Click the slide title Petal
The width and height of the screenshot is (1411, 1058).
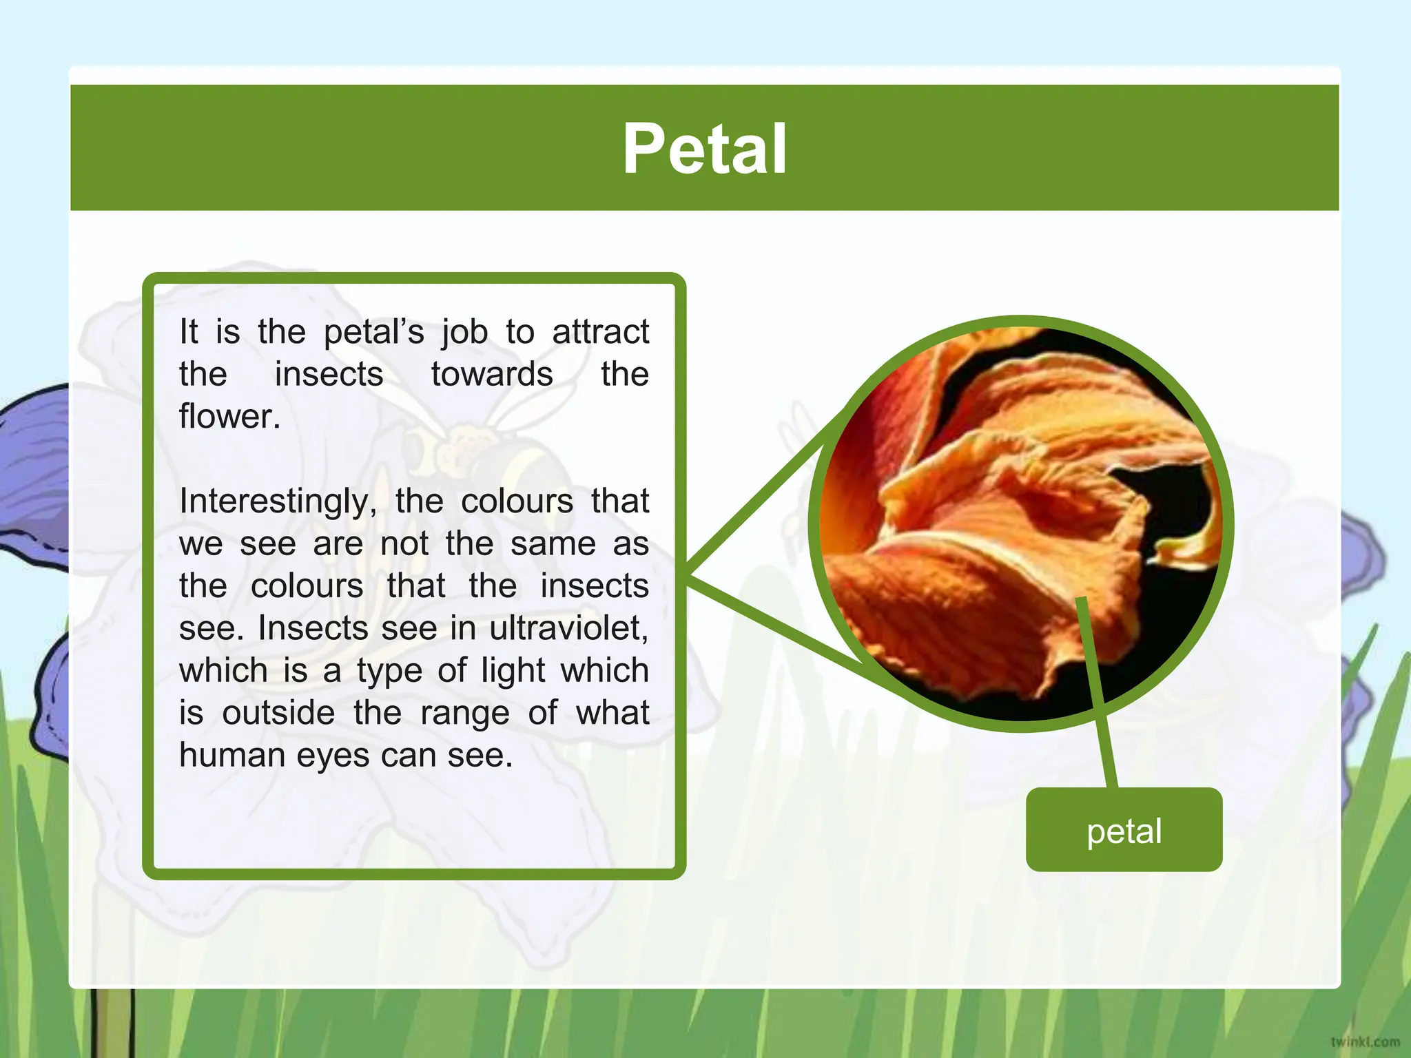704,149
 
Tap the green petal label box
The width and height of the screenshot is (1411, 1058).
1124,830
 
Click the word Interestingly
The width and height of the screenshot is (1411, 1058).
278,501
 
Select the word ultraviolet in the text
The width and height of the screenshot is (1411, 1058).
568,628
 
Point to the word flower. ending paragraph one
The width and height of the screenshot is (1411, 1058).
229,417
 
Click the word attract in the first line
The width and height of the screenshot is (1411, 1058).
600,332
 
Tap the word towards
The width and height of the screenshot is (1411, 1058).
492,375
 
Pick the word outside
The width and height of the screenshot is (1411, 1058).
278,713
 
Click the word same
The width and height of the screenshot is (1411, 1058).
553,544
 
